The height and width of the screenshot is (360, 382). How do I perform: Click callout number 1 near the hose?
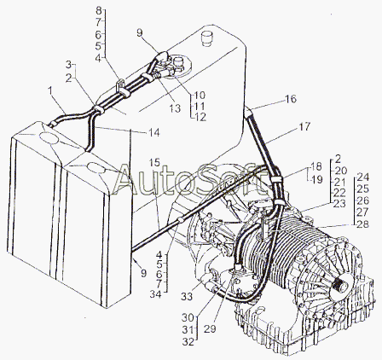tap(50, 91)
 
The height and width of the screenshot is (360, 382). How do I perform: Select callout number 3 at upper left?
tap(68, 65)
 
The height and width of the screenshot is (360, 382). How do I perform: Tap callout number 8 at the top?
tap(99, 11)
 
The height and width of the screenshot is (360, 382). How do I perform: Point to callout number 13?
tap(175, 108)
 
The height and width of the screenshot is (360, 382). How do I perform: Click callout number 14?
tap(154, 132)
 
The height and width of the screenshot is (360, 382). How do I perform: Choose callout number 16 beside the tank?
tap(291, 99)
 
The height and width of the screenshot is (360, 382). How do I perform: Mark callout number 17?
tap(304, 127)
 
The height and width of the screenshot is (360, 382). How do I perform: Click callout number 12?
tap(200, 117)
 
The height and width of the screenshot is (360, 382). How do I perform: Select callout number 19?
tap(317, 179)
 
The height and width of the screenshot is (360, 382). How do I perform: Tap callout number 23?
tap(339, 204)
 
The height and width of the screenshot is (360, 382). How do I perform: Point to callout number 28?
tap(362, 224)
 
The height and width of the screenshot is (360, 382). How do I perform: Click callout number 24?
tap(362, 177)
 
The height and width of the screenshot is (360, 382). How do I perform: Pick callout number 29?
tap(210, 328)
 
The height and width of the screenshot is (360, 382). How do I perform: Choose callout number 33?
tap(187, 297)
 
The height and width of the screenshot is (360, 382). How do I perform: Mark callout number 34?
tap(156, 294)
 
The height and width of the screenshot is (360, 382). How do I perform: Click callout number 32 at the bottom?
tap(188, 341)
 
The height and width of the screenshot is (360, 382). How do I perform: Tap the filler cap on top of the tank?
tap(206, 38)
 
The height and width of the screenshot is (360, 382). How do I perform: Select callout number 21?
tap(339, 182)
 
